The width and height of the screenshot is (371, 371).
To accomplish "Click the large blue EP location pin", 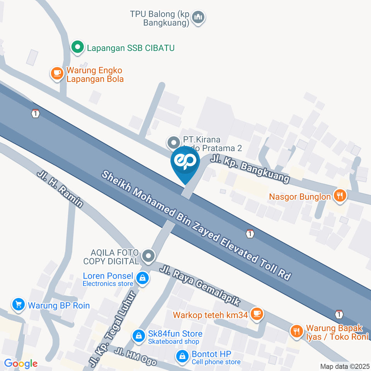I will (185, 162).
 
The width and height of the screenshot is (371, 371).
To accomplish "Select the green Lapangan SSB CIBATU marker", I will (78, 48).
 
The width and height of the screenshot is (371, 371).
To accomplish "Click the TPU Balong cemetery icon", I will (199, 17).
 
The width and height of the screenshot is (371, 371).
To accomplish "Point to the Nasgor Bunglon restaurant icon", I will (340, 196).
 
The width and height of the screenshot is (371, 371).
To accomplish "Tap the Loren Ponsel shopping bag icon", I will (143, 278).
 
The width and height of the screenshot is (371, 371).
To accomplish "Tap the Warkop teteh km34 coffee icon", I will (257, 314).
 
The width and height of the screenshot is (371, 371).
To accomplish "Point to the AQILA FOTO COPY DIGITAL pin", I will (148, 256).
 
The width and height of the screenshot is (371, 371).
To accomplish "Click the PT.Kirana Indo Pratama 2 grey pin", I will (173, 142).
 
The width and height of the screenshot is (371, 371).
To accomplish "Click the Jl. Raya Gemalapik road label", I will (201, 285).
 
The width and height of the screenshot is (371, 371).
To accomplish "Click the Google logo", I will (20, 363).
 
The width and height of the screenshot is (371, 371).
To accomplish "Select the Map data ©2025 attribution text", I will (345, 366).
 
